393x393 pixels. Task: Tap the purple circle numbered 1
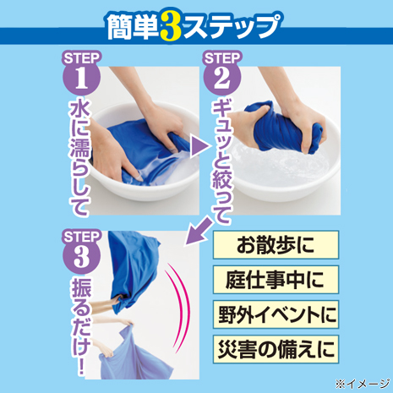point(81,78)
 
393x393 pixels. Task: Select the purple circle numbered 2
point(222,78)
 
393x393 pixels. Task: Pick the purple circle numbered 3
point(81,256)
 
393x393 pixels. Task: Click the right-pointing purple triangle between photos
point(200,147)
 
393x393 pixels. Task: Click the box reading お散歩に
point(276,245)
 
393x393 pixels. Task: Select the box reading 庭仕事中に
point(276,280)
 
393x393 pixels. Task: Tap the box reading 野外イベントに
point(276,314)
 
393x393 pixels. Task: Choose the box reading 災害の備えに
point(276,349)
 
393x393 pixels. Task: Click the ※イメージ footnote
point(362,384)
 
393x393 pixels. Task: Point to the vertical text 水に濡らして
point(79,158)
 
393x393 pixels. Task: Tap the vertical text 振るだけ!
point(81,327)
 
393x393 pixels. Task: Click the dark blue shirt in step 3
point(133,270)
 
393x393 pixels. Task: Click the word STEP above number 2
point(222,58)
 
